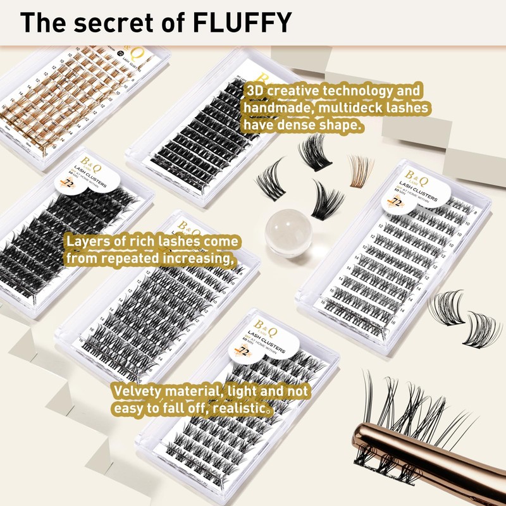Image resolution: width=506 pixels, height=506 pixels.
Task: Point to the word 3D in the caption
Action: pos(255,92)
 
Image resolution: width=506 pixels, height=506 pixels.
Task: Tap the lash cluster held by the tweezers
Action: pos(405,417)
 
